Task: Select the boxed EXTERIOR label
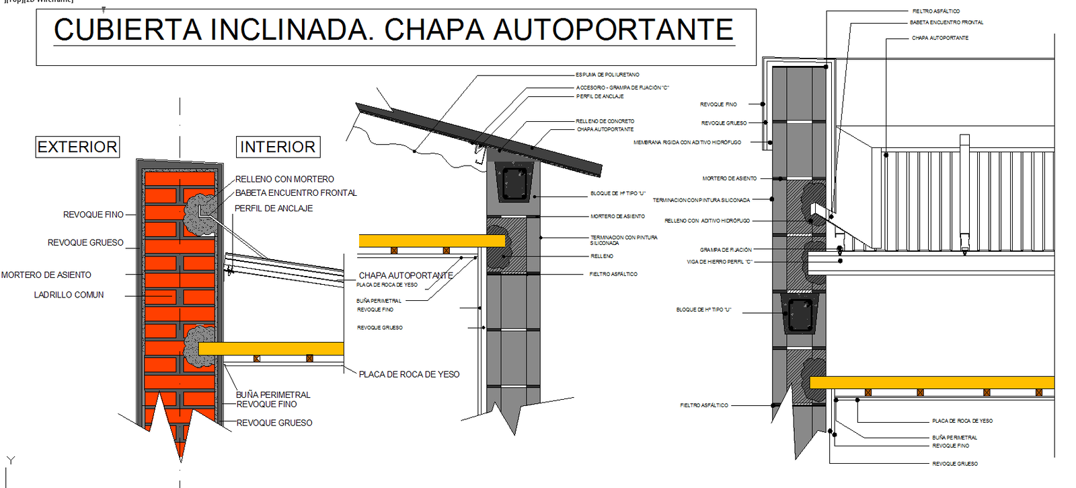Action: click(77, 147)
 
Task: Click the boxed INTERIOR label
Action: click(278, 147)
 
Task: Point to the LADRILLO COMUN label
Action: click(69, 295)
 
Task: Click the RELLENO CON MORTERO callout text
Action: click(284, 179)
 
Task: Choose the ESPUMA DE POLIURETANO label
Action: click(607, 75)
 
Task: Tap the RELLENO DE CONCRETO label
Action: click(605, 121)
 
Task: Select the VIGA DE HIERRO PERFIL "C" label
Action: click(719, 262)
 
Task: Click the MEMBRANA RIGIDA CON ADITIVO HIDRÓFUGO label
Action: click(687, 143)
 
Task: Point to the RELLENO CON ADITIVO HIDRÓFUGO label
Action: click(707, 221)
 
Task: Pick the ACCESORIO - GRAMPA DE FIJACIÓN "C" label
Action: click(622, 88)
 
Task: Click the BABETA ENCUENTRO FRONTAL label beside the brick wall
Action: click(296, 193)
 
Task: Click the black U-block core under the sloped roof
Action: click(514, 182)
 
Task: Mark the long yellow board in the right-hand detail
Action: click(931, 382)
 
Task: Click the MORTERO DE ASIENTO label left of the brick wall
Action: click(46, 275)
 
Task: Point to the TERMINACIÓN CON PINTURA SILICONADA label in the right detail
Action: click(701, 200)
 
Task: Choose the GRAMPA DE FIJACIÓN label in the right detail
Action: click(726, 250)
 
